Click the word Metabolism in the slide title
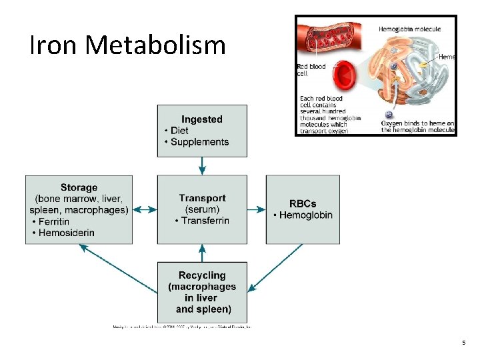point(155,45)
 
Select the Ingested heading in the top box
point(202,119)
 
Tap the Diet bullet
point(179,131)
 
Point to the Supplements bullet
point(199,142)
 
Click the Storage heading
point(79,188)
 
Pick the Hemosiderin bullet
point(65,233)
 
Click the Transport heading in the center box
point(202,198)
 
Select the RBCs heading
point(303,203)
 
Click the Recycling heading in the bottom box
point(202,275)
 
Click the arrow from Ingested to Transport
point(202,166)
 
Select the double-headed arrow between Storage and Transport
point(145,209)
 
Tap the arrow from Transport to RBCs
point(257,209)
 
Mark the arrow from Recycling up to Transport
point(202,253)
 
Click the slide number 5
point(463,342)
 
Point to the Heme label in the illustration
point(447,57)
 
